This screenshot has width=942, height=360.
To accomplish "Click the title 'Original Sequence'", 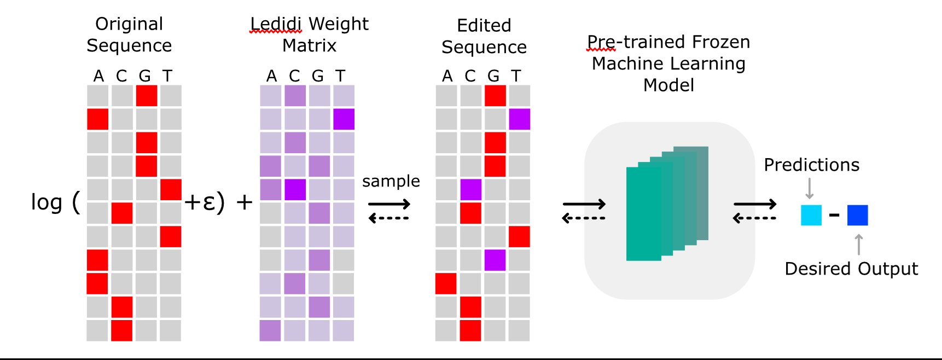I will point(129,34).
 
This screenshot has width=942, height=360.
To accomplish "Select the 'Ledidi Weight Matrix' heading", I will point(309,34).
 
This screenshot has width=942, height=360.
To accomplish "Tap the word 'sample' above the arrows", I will point(391,181).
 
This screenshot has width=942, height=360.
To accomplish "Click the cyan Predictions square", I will point(811,215).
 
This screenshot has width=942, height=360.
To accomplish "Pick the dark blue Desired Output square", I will point(857,215).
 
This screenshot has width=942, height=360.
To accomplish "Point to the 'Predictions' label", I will point(811,165).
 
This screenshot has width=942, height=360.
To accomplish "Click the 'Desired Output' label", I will point(851,269).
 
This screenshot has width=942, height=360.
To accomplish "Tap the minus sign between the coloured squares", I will point(834,215).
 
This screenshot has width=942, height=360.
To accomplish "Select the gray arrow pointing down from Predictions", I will point(810,188).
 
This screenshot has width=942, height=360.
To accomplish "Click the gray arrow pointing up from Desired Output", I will point(859,244).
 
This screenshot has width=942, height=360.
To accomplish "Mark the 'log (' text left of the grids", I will point(55,202).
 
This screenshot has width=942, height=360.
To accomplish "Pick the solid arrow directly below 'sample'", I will point(389,205).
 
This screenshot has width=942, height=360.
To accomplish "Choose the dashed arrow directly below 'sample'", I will point(389,218).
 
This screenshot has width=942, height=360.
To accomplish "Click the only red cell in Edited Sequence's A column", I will point(446,283).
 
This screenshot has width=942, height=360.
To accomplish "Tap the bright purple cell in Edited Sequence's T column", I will point(519,119).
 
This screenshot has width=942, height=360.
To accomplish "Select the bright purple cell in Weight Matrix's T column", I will point(344,119).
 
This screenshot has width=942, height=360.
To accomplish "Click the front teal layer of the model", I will point(643,213).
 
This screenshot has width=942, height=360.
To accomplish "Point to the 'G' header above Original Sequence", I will point(144,76).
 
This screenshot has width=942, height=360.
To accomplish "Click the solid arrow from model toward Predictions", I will point(755,205).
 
